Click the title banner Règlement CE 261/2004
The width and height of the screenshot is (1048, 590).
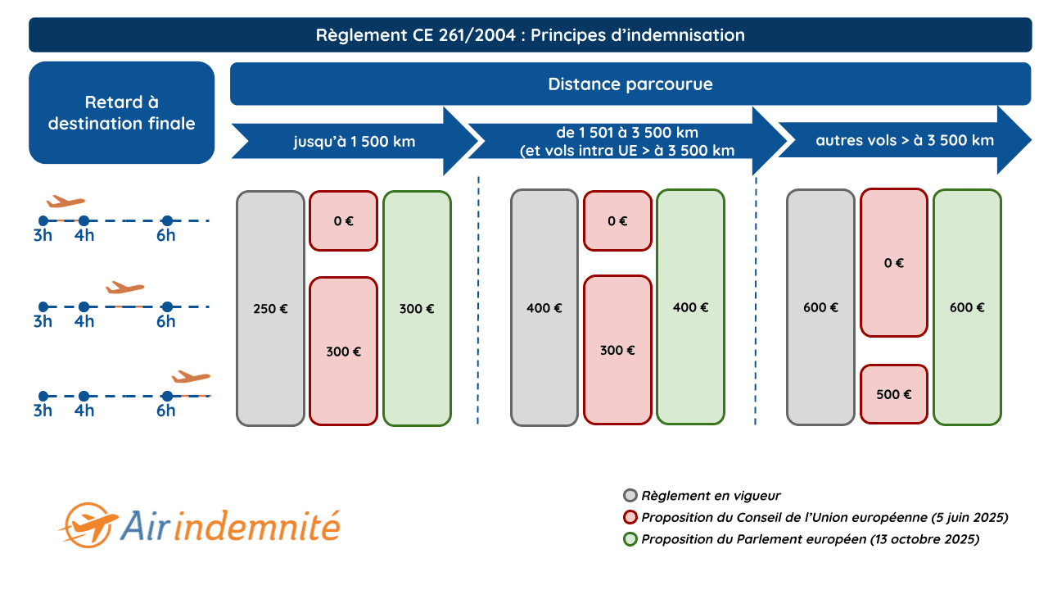[530, 35]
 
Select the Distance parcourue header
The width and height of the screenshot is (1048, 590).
[630, 84]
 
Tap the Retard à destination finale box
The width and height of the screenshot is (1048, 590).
[121, 113]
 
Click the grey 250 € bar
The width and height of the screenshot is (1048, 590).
[270, 309]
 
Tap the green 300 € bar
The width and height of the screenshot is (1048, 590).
[417, 309]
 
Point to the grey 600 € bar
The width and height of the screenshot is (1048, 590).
[820, 308]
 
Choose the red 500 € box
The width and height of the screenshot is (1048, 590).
[893, 394]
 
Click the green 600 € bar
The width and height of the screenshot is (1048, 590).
[967, 308]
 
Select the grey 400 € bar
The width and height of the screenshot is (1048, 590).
[544, 308]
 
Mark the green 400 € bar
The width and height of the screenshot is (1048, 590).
[690, 307]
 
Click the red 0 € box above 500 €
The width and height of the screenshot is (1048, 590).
[893, 263]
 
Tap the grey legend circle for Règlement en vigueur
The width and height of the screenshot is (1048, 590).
[630, 496]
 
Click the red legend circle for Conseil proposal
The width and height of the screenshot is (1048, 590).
[630, 518]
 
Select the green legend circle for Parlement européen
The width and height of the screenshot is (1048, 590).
[630, 539]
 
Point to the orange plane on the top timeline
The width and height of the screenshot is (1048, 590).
[66, 202]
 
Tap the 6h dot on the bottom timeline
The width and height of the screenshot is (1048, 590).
[166, 396]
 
